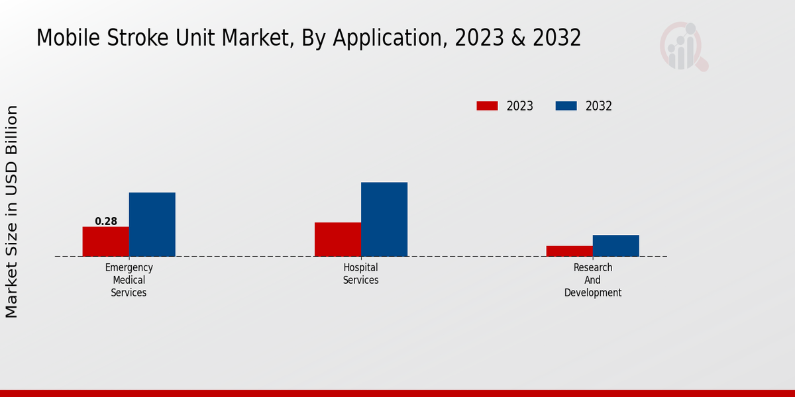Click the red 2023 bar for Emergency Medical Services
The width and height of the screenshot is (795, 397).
pos(105,242)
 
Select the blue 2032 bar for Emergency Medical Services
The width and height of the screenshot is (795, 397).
pos(152,224)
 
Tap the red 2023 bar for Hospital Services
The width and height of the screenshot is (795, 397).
pos(338,240)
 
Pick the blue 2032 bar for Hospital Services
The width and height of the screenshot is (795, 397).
pos(384,219)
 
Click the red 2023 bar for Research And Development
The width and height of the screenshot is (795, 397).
pos(570,251)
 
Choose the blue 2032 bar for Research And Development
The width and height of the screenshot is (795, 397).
pos(616,245)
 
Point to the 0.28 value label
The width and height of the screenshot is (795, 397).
pos(106,221)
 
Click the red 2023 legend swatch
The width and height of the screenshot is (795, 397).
pos(487,106)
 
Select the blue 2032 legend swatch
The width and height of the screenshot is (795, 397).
pos(566,106)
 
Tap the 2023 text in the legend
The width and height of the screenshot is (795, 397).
pos(520,106)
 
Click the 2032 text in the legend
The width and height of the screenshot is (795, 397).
pos(599,106)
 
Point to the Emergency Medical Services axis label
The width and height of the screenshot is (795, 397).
pos(129,280)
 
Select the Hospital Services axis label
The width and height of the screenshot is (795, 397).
pos(361,274)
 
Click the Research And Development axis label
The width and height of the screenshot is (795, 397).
pos(593,280)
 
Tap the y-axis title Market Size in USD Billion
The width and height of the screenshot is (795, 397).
pos(12,211)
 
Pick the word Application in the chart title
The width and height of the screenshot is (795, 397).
pos(388,38)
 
